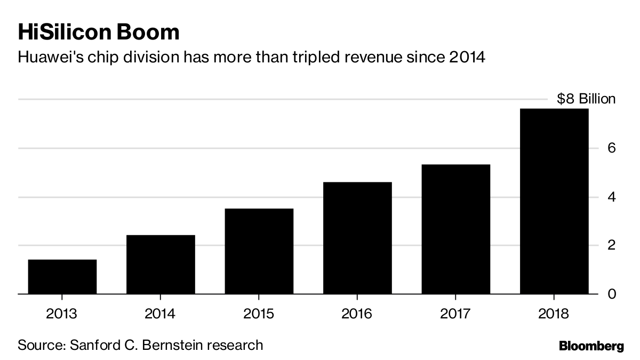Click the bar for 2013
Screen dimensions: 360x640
click(x=62, y=276)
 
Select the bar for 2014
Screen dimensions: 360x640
click(x=161, y=265)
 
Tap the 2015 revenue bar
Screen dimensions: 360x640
click(x=259, y=251)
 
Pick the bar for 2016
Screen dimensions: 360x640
click(x=357, y=238)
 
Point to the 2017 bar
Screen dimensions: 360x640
click(x=455, y=229)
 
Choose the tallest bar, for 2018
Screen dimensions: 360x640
click(x=554, y=201)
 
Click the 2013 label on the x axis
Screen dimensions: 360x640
click(x=62, y=314)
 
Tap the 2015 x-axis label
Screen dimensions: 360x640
click(x=259, y=314)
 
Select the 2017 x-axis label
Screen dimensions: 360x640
click(x=455, y=314)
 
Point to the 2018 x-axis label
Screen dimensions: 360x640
click(x=554, y=314)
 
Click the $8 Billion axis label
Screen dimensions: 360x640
click(x=586, y=99)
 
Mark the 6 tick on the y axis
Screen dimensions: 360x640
click(x=611, y=148)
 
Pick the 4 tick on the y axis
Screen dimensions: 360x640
click(x=611, y=197)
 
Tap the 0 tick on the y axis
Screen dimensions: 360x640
click(x=611, y=294)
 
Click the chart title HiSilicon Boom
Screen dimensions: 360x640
click(x=99, y=33)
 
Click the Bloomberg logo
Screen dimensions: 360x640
click(x=591, y=347)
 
